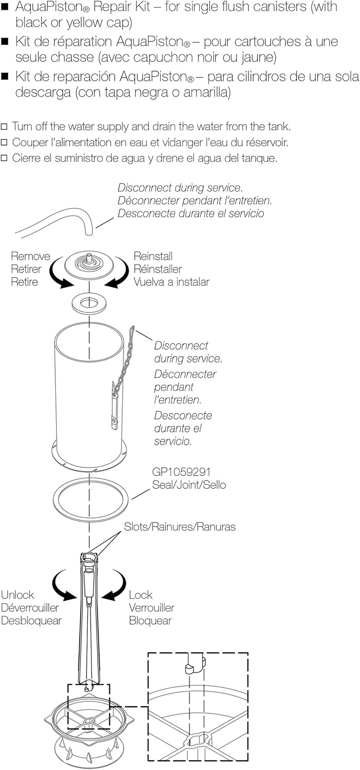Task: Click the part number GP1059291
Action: point(181,472)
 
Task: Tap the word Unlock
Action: point(17,594)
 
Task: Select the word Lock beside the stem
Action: point(141,594)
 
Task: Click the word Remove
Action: point(31,256)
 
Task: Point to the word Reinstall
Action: point(153,256)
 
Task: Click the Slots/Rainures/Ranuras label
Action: point(180,527)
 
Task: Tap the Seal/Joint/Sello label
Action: point(189,485)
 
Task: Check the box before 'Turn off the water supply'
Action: point(4,127)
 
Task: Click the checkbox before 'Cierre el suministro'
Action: point(4,158)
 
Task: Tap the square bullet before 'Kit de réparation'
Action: point(5,42)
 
